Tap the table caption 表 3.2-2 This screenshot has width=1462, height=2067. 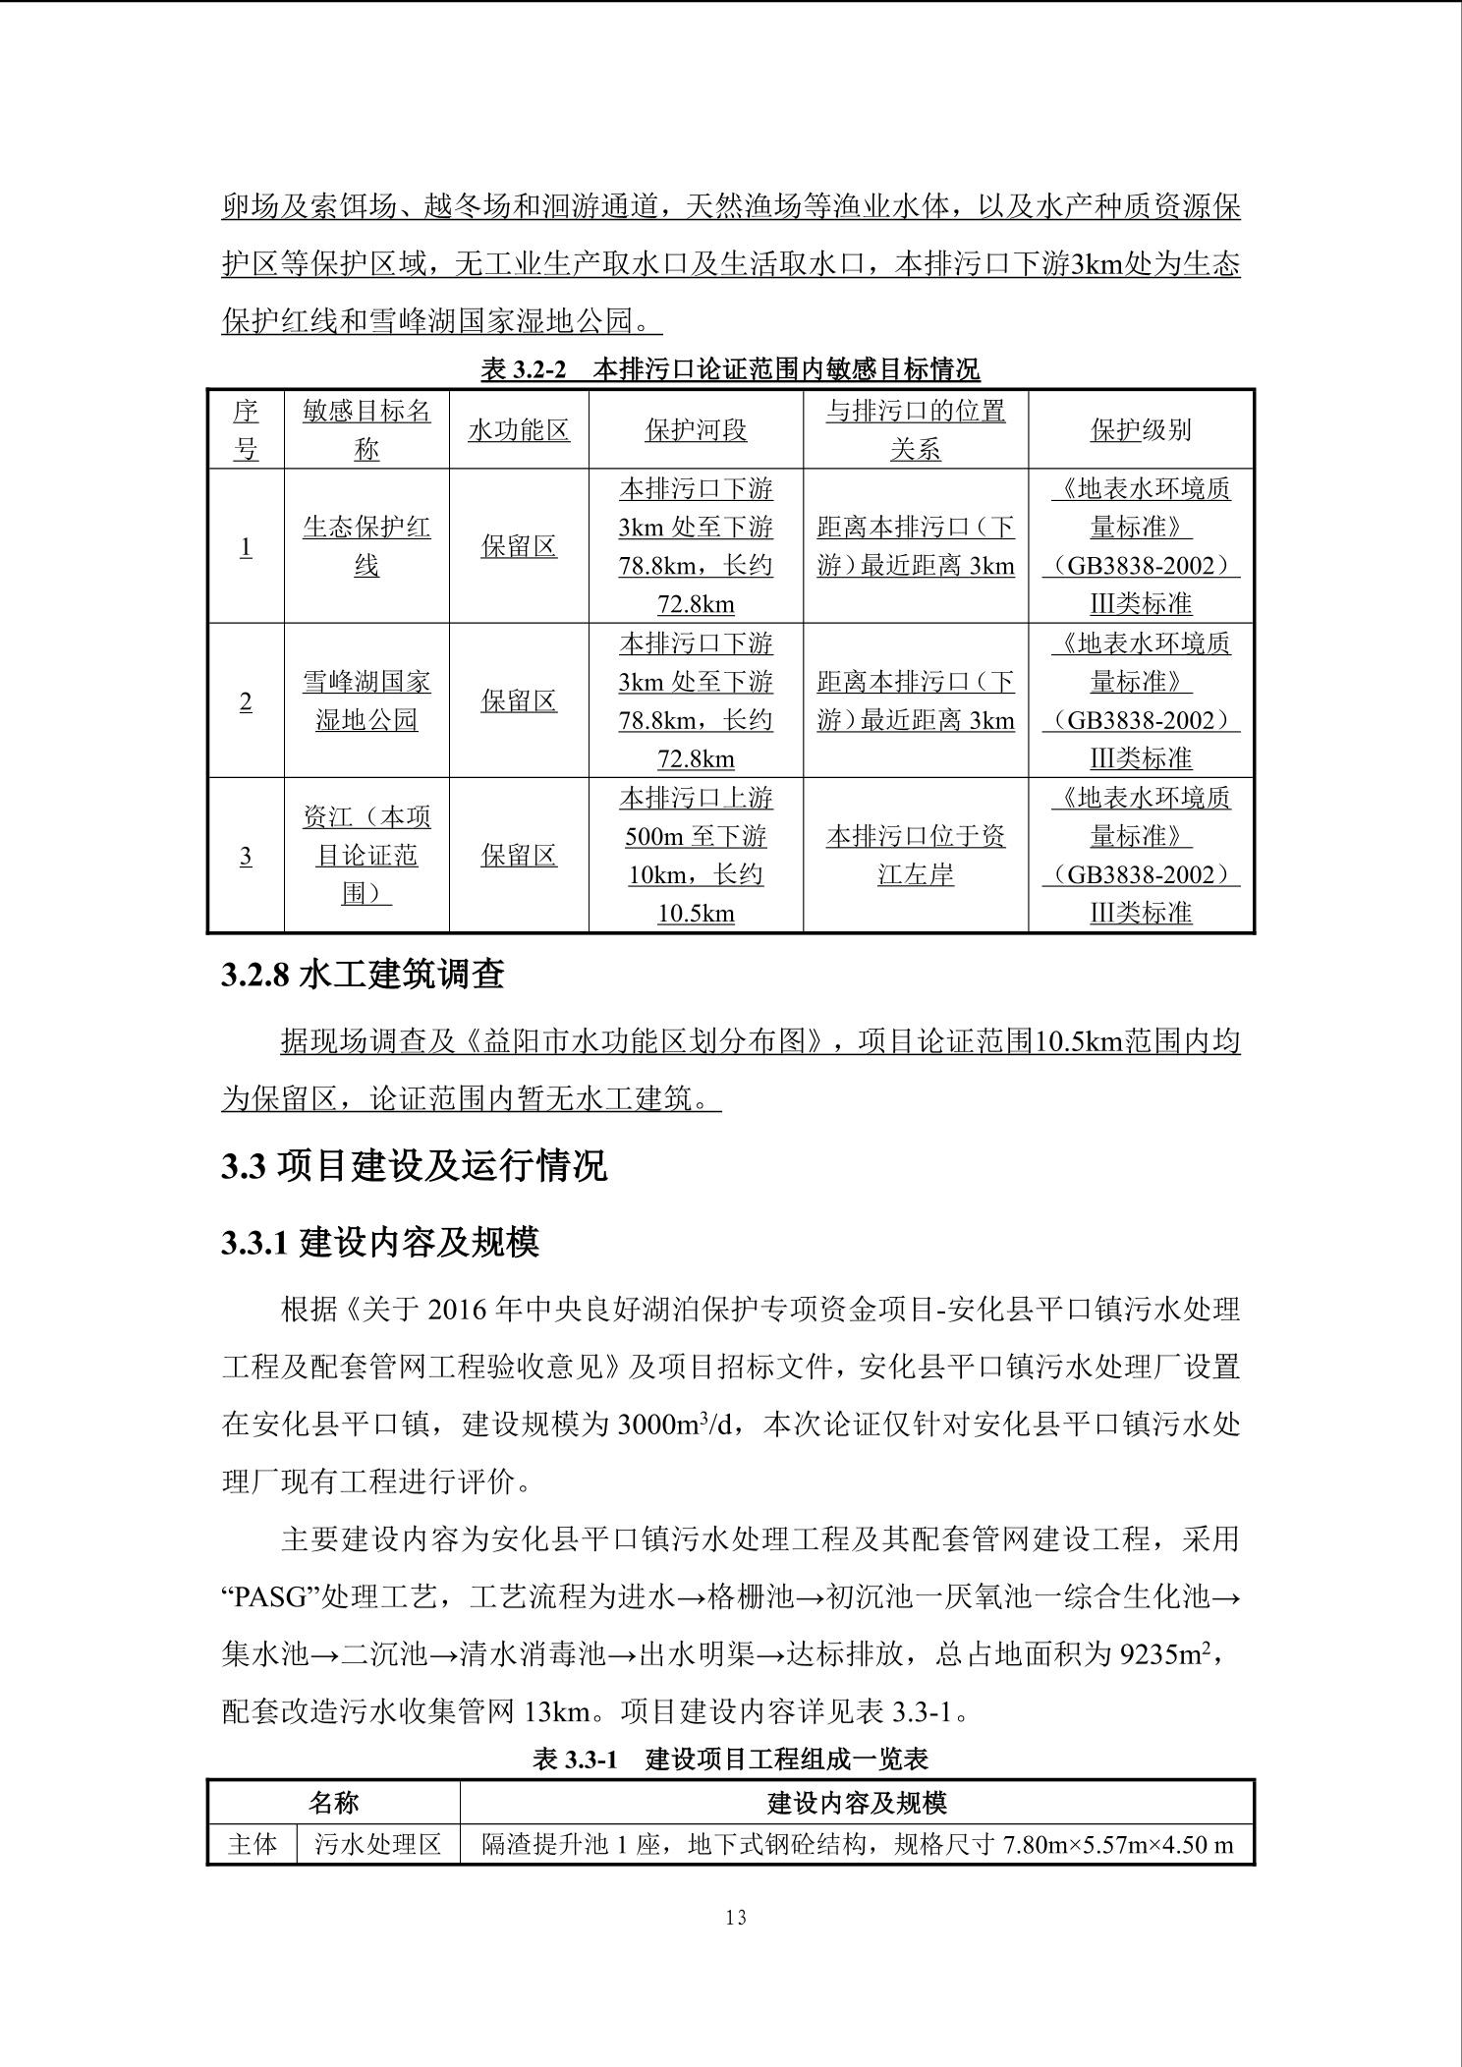730,369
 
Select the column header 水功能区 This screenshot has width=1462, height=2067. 519,430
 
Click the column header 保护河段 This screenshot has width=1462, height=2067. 696,430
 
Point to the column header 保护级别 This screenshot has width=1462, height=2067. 1141,430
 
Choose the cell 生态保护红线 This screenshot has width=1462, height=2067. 366,546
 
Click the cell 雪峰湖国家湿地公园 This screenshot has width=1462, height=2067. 366,701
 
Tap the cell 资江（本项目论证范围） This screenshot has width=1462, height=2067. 366,856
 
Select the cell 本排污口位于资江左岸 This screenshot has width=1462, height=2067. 915,856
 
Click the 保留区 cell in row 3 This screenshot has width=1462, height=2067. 519,856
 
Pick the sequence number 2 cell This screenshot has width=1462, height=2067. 246,701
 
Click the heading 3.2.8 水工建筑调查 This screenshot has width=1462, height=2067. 363,974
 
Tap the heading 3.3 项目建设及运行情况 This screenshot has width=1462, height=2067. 414,1166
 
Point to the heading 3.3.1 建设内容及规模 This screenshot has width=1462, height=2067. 380,1244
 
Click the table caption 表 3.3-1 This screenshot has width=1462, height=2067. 730,1759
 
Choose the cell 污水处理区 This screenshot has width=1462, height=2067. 378,1844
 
